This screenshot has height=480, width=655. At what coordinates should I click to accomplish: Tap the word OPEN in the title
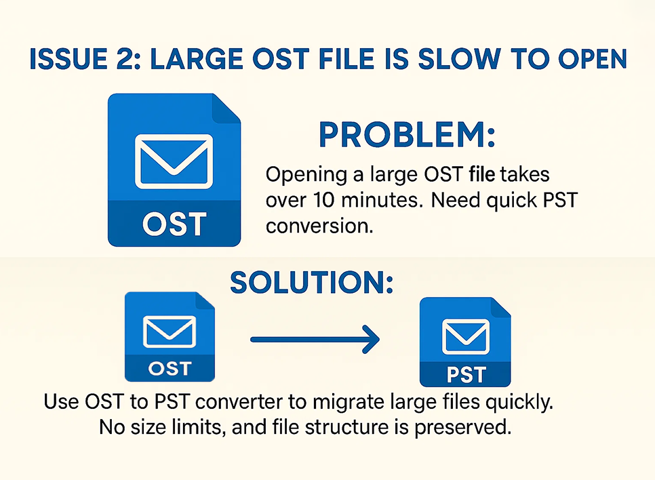pos(593,59)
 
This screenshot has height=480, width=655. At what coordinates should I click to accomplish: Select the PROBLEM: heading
pos(407,134)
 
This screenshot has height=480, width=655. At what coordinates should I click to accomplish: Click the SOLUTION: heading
pos(312,283)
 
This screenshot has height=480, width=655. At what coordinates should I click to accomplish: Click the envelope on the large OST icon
pos(174,161)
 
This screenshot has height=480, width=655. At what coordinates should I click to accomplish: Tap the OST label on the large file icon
pos(175,224)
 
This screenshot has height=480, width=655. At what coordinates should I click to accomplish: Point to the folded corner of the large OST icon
pos(227,108)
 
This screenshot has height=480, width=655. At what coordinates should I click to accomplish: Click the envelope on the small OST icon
pos(170,332)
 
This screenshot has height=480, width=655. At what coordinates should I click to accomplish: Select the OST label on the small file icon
pos(170,368)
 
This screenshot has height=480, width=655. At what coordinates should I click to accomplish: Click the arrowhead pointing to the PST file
pos(370,340)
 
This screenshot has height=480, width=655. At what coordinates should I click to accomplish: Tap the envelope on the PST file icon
pos(465,337)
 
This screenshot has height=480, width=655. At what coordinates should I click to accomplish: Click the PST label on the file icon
pos(467,374)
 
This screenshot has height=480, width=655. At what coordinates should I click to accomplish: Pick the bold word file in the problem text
pos(481,174)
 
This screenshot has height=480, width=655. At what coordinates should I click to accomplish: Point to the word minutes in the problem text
pos(379,200)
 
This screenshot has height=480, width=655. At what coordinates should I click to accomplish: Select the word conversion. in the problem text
pos(319,226)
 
